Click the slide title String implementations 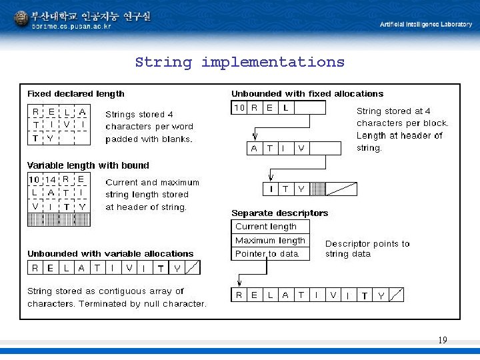coord(239,63)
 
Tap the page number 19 coord(443,341)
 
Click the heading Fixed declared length coord(75,94)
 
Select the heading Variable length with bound coord(88,165)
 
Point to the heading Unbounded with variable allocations coord(110,253)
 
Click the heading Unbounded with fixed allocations coord(307,94)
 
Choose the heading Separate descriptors coord(279,213)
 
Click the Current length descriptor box coord(270,227)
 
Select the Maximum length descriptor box coord(270,240)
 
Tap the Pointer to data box coord(270,254)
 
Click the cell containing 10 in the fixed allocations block coord(239,108)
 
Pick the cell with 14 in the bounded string coord(51,179)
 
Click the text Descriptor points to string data coord(367,249)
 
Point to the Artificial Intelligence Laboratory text coord(425,24)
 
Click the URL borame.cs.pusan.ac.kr coord(72,27)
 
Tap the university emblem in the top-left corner coord(21,19)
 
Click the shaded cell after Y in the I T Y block coord(319,189)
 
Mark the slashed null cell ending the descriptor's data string coord(396,295)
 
